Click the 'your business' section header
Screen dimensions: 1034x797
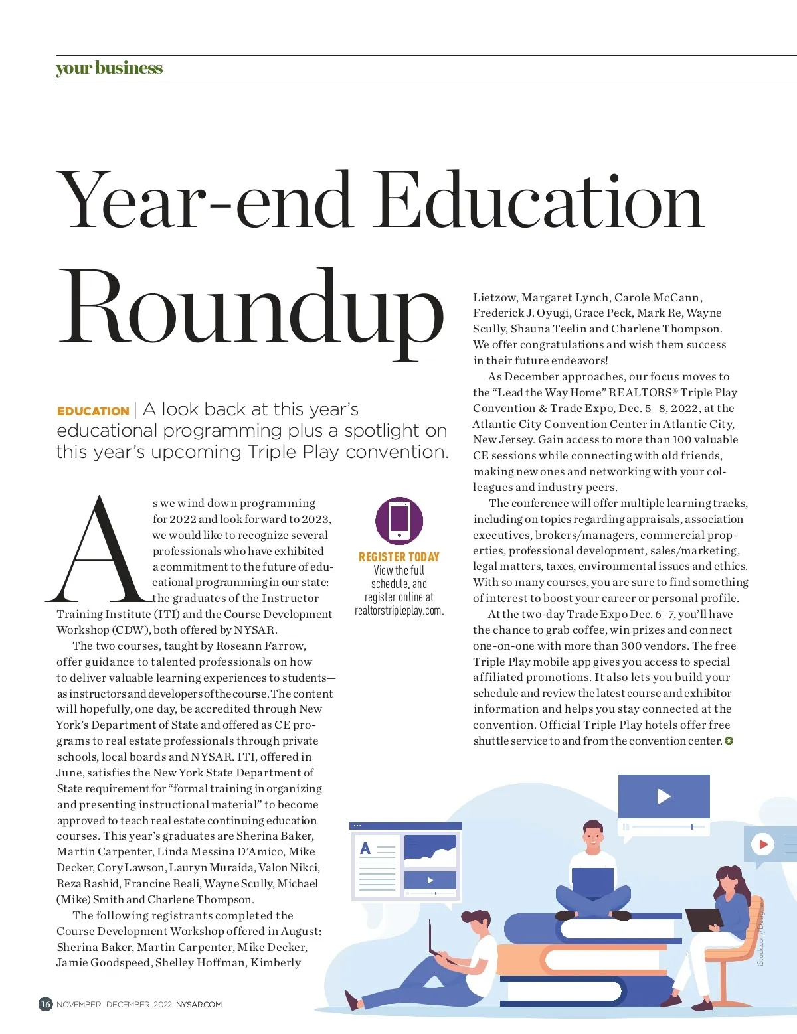[109, 68]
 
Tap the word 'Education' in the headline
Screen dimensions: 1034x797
[541, 200]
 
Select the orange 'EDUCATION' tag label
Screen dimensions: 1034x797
[93, 411]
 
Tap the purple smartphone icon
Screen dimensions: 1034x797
[399, 520]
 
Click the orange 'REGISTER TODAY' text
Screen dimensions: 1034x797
[399, 557]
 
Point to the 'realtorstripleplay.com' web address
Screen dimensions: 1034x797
[399, 611]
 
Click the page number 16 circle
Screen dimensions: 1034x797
[45, 1004]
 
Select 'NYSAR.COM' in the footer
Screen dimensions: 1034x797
[199, 1005]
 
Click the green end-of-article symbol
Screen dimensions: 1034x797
[729, 741]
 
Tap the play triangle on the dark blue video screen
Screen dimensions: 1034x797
[664, 796]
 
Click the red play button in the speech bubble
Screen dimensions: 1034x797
[762, 844]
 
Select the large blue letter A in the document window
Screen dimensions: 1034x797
[365, 848]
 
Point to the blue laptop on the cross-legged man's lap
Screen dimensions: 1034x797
[592, 881]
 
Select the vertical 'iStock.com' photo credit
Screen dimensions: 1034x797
[761, 936]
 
